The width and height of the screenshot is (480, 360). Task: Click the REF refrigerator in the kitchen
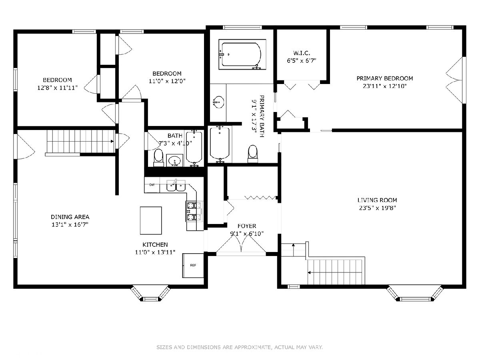193,265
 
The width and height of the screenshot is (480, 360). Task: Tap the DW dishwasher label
152,185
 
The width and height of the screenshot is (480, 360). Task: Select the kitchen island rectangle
151,220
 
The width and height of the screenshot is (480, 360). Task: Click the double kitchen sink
176,186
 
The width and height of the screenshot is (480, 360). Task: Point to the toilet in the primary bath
252,154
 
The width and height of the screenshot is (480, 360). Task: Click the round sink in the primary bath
218,102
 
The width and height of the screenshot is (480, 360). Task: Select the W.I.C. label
302,53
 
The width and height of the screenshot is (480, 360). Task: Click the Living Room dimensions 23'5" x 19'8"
377,208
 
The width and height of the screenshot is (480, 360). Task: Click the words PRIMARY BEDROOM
385,78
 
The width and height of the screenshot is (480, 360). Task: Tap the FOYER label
247,226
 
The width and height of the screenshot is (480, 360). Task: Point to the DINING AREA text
70,217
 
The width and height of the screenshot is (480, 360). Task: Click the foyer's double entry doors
241,244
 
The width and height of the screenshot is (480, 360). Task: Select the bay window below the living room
415,294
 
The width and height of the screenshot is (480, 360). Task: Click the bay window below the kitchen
150,293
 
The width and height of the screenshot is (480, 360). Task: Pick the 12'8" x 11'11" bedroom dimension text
58,88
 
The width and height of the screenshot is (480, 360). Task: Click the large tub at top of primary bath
242,54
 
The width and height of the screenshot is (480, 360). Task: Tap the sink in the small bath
174,161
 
